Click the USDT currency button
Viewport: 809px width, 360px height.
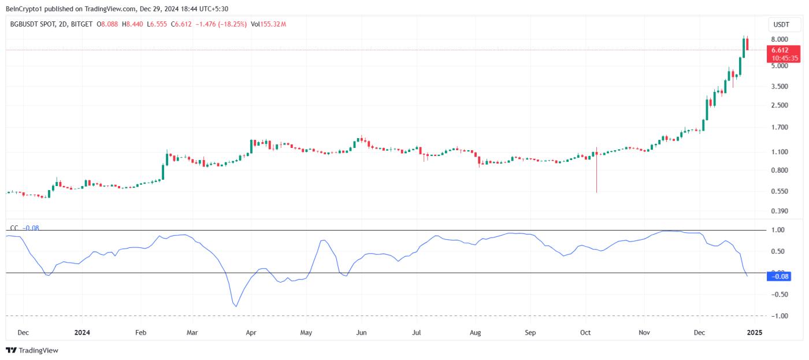pyautogui.click(x=781, y=25)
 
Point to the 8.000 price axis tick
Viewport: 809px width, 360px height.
pyautogui.click(x=779, y=39)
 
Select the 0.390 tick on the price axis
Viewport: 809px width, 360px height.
pyautogui.click(x=779, y=211)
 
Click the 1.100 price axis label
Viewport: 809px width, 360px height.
pyautogui.click(x=779, y=152)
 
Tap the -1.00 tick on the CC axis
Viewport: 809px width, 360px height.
pyautogui.click(x=778, y=316)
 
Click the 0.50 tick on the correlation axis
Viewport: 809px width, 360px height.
pyautogui.click(x=778, y=251)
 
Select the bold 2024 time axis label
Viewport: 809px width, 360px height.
pyautogui.click(x=83, y=333)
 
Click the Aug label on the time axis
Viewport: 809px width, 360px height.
pyautogui.click(x=475, y=333)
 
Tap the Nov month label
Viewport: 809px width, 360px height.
pyautogui.click(x=645, y=333)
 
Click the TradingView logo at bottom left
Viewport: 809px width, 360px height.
pyautogui.click(x=32, y=350)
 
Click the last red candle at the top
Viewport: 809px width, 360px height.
pyautogui.click(x=748, y=44)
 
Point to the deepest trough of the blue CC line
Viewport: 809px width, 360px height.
pyautogui.click(x=236, y=306)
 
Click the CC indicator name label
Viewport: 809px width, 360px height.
pyautogui.click(x=14, y=228)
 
